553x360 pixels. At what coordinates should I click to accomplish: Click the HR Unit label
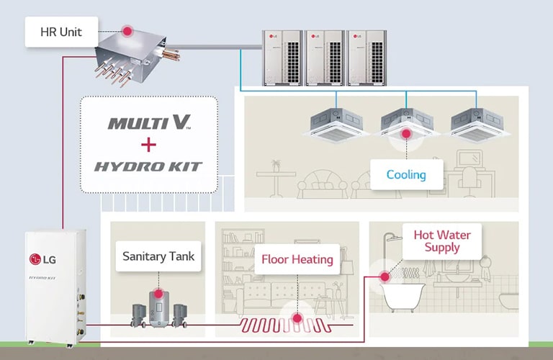(x=61, y=32)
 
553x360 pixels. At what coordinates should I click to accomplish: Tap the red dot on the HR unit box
(x=127, y=31)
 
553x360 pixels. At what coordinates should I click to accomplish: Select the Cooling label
(x=406, y=174)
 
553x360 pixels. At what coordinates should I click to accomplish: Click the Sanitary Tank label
(x=158, y=256)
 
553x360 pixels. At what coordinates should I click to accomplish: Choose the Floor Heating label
(x=297, y=259)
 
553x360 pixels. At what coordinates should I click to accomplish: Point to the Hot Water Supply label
(x=442, y=241)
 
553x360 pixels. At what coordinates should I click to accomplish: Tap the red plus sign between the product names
(x=148, y=145)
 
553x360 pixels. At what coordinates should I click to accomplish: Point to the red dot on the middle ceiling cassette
(x=406, y=132)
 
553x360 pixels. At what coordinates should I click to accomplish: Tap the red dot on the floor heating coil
(x=297, y=317)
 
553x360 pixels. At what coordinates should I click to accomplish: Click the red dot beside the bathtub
(x=385, y=276)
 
